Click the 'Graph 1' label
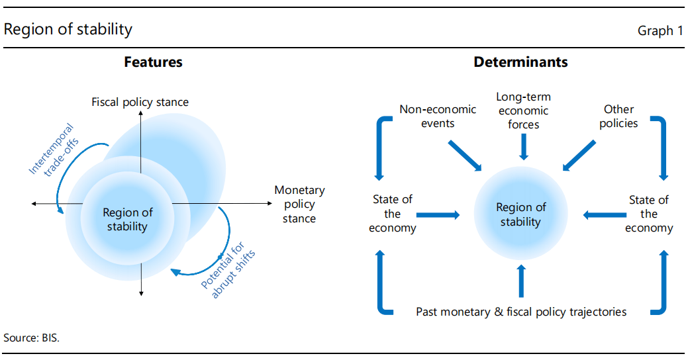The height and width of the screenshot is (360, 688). click(x=660, y=30)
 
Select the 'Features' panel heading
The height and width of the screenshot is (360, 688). click(x=153, y=62)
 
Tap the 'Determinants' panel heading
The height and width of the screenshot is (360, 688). click(x=521, y=62)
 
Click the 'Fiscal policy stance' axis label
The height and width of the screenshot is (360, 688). click(x=140, y=102)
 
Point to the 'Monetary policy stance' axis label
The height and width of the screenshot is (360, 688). click(x=299, y=204)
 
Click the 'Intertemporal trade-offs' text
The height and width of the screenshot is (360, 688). click(x=54, y=150)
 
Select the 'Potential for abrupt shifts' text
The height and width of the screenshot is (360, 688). click(x=228, y=270)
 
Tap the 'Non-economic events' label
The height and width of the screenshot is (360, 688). click(x=438, y=116)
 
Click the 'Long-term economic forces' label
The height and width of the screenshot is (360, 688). click(x=524, y=111)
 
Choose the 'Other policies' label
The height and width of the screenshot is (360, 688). click(x=618, y=116)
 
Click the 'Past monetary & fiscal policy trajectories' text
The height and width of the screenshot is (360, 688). click(x=521, y=312)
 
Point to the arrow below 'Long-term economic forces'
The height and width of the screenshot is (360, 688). click(x=524, y=147)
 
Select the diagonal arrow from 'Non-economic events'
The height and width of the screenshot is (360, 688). click(x=465, y=156)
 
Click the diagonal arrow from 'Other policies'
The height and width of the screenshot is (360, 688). click(x=579, y=156)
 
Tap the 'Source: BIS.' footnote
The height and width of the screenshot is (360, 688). click(x=31, y=337)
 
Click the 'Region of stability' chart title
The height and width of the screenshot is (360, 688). click(x=68, y=29)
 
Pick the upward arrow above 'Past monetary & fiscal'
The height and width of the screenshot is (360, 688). click(x=521, y=281)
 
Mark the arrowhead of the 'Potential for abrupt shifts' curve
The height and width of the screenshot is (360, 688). click(x=175, y=272)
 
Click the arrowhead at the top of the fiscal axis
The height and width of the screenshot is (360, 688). click(x=141, y=113)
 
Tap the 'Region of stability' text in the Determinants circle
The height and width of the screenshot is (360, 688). click(x=521, y=214)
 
